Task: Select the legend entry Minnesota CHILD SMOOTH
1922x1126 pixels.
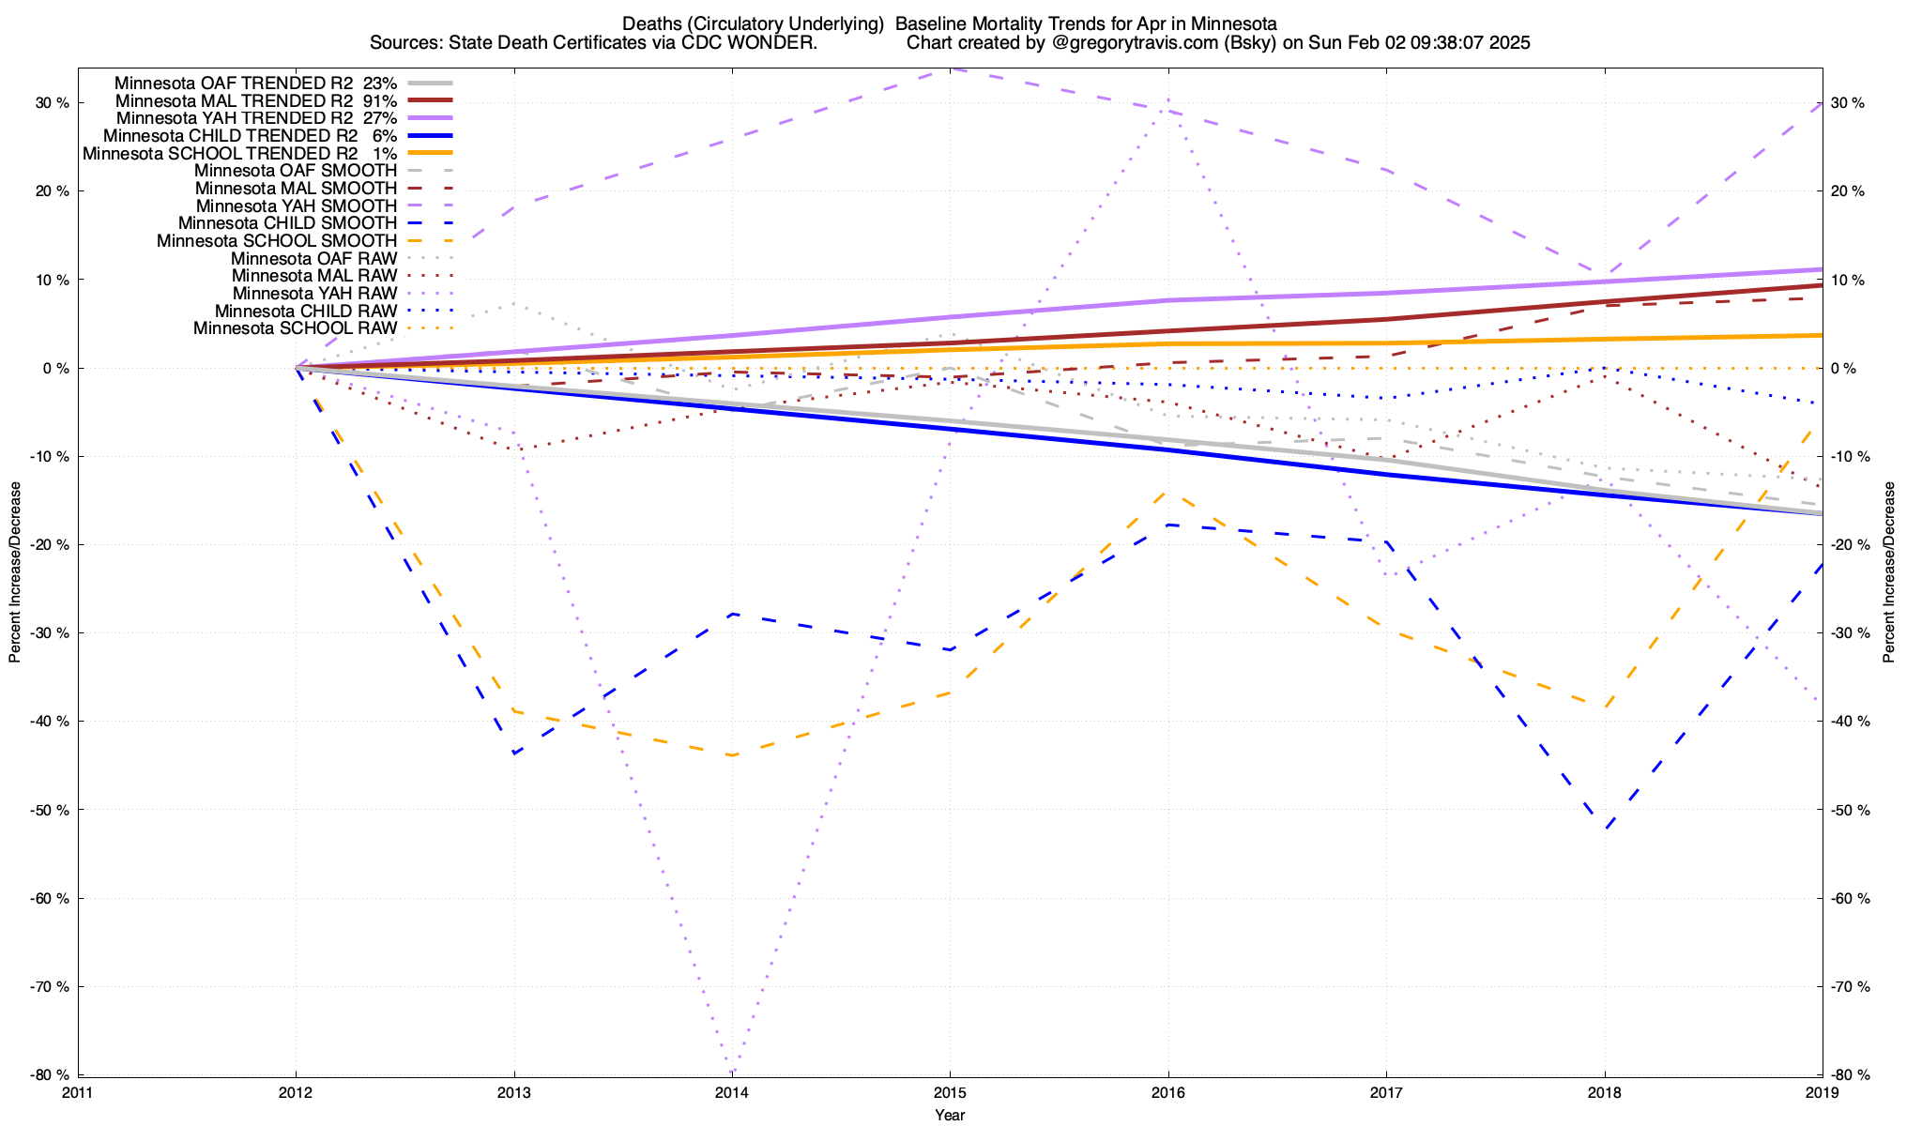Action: (287, 223)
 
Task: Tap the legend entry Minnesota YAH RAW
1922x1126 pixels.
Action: (314, 294)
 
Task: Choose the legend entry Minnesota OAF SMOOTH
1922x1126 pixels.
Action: (296, 171)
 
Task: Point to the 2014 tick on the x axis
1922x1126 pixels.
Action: (732, 1092)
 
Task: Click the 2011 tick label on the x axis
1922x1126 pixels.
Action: (78, 1092)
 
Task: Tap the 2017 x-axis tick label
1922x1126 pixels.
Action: (1386, 1092)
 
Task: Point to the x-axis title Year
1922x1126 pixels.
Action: (950, 1115)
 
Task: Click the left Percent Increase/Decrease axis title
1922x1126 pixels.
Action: (15, 572)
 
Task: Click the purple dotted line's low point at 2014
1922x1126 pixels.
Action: (732, 1073)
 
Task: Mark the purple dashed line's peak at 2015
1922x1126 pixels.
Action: (950, 69)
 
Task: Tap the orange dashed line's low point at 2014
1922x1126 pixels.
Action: (732, 755)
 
